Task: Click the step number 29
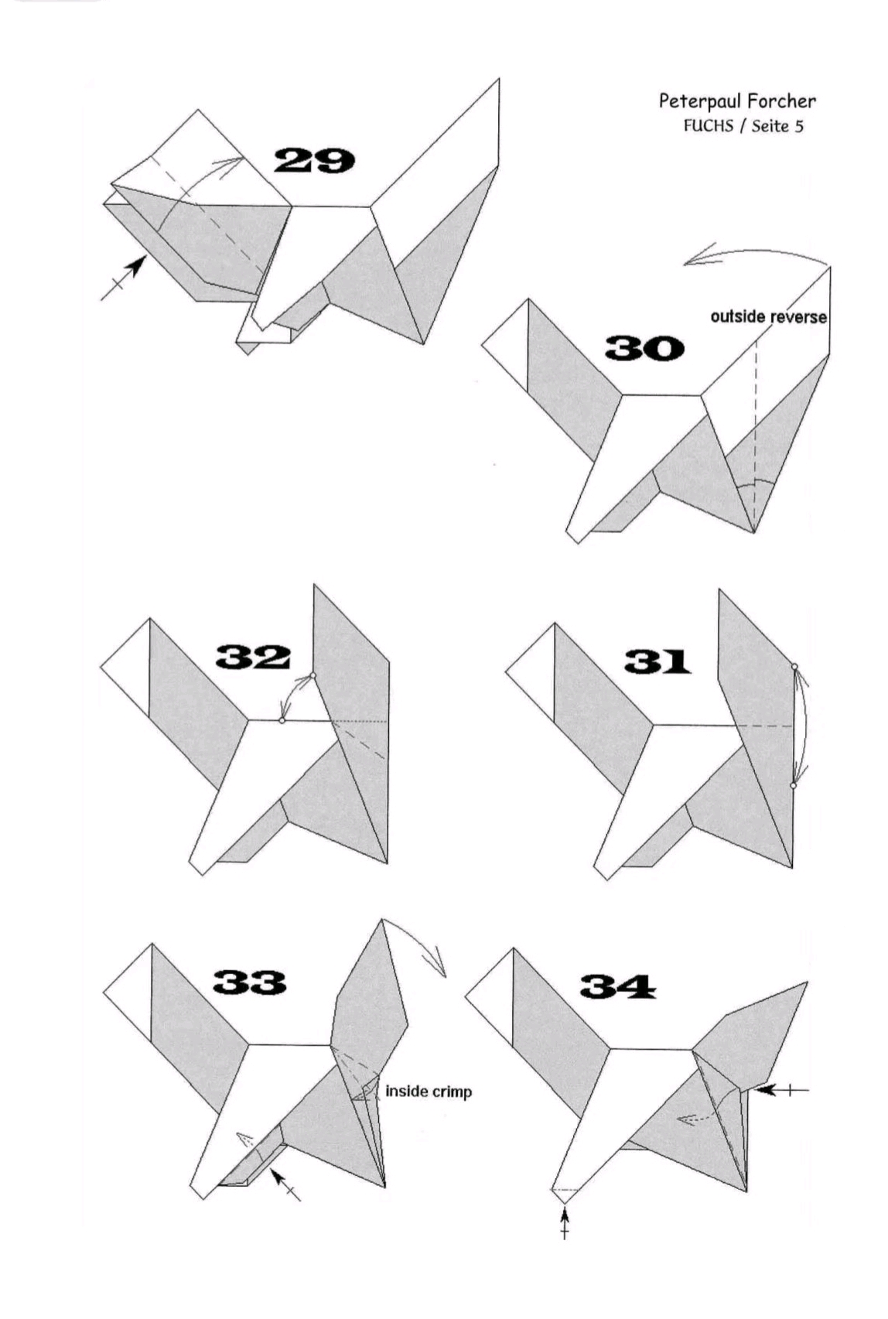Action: pyautogui.click(x=315, y=160)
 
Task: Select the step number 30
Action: pyautogui.click(x=644, y=348)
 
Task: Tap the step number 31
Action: pyautogui.click(x=657, y=661)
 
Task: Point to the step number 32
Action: pyautogui.click(x=253, y=657)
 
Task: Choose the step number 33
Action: pyautogui.click(x=249, y=982)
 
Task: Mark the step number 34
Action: pyautogui.click(x=618, y=987)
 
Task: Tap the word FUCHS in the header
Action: pyautogui.click(x=709, y=126)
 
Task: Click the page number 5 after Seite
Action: pyautogui.click(x=798, y=127)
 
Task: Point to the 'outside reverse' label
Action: pyautogui.click(x=768, y=317)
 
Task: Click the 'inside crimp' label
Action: pyautogui.click(x=428, y=1091)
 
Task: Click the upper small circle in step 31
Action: pyautogui.click(x=794, y=666)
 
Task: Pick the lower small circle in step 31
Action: pyautogui.click(x=793, y=785)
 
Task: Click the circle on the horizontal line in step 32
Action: pyautogui.click(x=282, y=720)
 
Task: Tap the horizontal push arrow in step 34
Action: pyautogui.click(x=780, y=1091)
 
